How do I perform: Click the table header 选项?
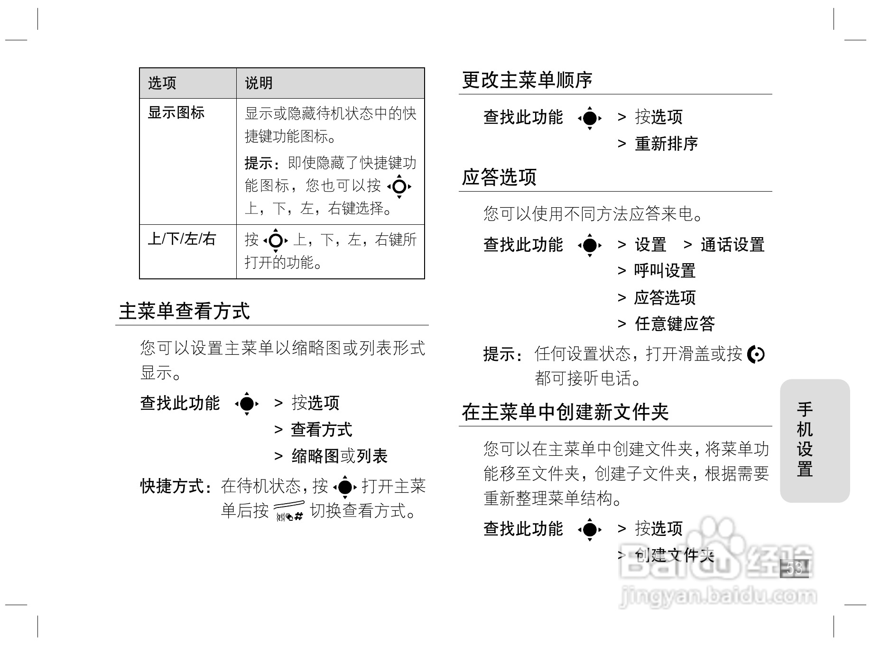[x=162, y=83]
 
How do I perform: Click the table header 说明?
[x=259, y=83]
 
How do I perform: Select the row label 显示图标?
[x=176, y=113]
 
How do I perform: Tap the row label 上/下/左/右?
[x=182, y=239]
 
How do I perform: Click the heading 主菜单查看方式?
[x=184, y=311]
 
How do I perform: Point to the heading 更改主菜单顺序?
[x=527, y=80]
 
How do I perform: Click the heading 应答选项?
[x=499, y=177]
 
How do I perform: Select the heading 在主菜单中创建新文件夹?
[x=565, y=412]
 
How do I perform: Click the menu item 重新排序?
[x=666, y=144]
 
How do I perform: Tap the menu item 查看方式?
[x=321, y=430]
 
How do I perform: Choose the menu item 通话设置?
[x=732, y=245]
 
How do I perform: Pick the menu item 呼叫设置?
[x=665, y=271]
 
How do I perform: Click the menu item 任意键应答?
[x=675, y=324]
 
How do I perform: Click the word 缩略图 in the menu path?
[x=315, y=456]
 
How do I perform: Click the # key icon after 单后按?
[x=289, y=511]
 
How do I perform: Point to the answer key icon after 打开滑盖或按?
[x=756, y=354]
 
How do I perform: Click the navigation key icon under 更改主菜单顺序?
[x=590, y=118]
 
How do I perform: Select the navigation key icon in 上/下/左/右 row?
[x=276, y=240]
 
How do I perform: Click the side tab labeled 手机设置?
[x=814, y=440]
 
